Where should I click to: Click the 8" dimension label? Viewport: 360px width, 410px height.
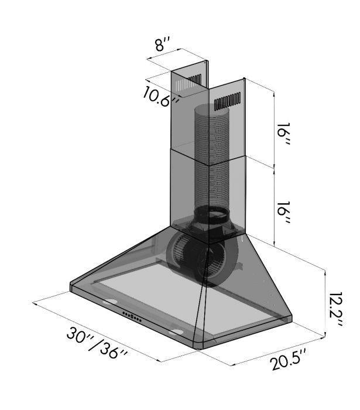pyautogui.click(x=162, y=45)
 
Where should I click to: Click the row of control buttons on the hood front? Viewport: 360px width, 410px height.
pyautogui.click(x=132, y=317)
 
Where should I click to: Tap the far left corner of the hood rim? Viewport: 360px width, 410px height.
pyautogui.click(x=71, y=285)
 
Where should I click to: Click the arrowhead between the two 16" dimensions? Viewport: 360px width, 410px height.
pyautogui.click(x=274, y=166)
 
